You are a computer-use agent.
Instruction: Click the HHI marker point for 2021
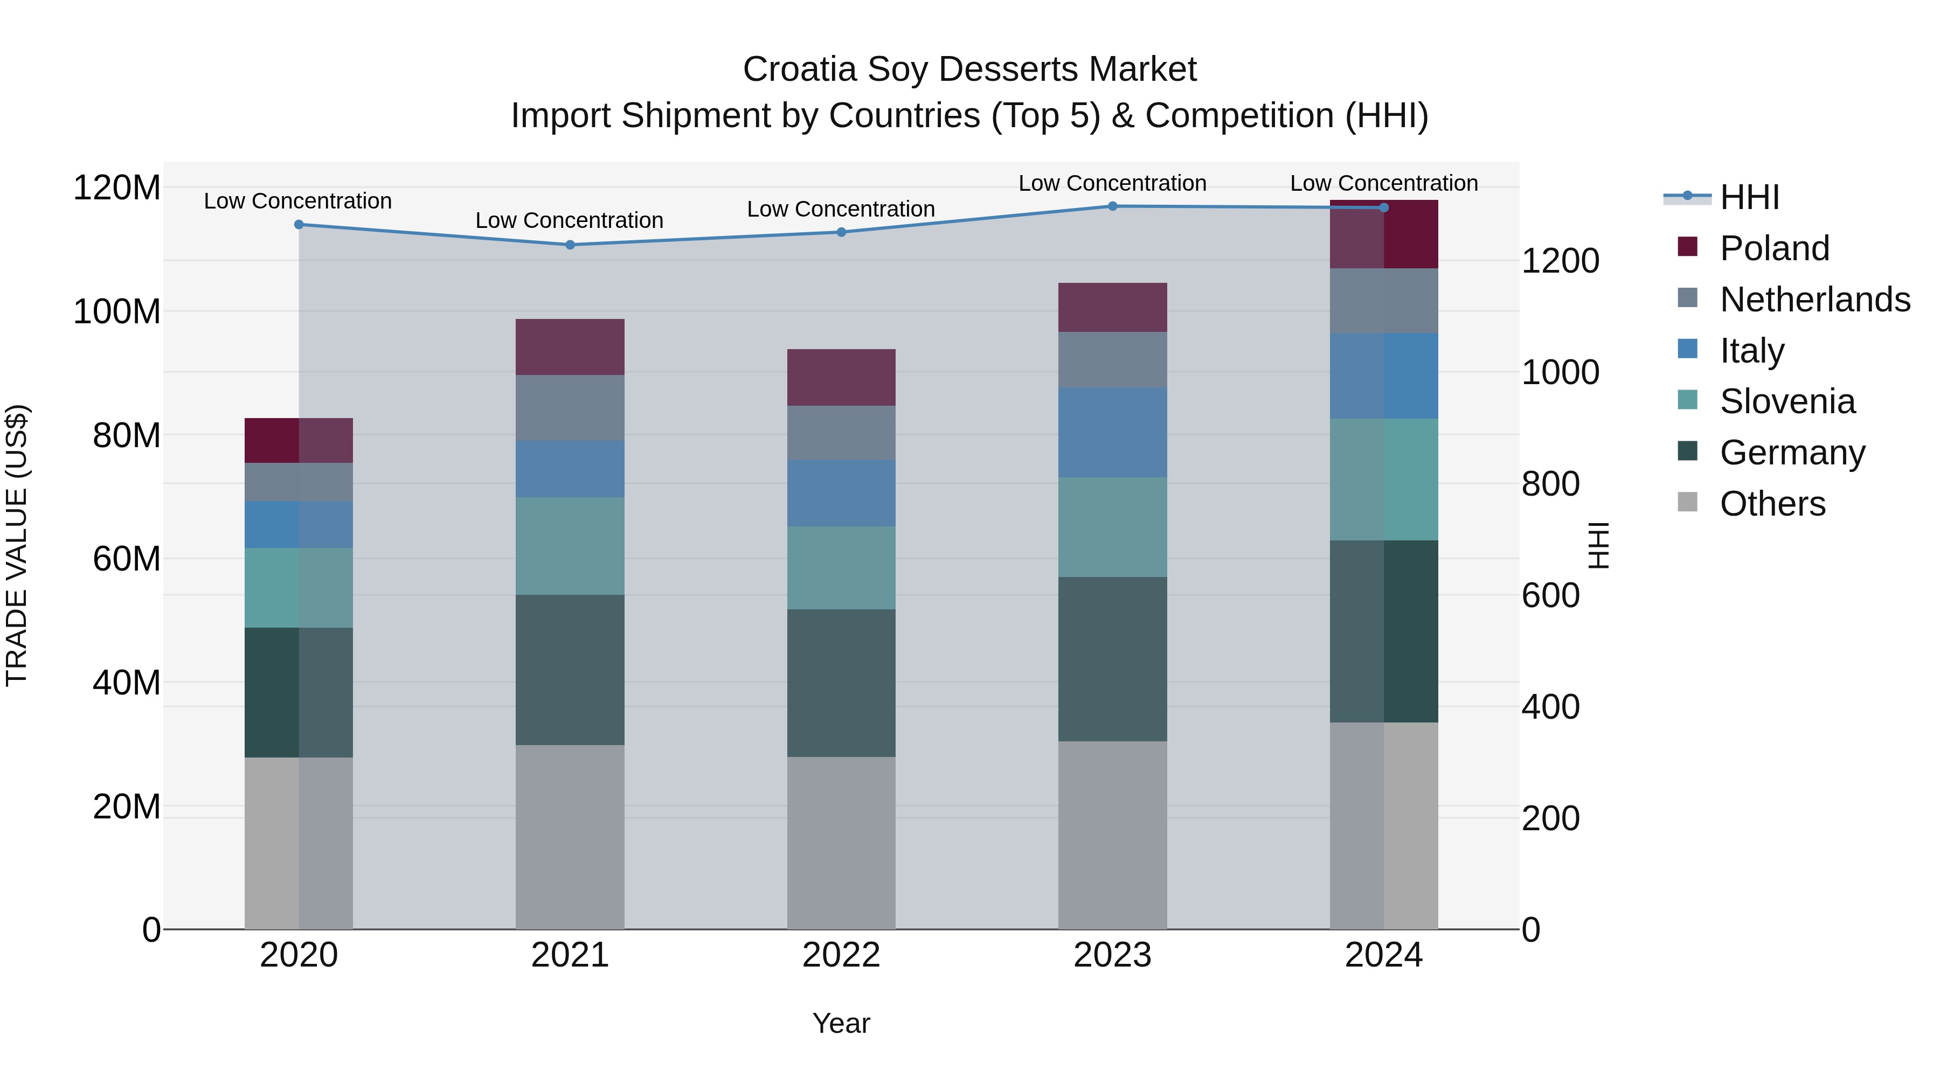[x=570, y=245]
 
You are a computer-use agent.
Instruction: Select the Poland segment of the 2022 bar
[x=841, y=377]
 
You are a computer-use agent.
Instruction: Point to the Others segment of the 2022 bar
[x=841, y=843]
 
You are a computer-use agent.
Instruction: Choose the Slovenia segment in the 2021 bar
[x=570, y=546]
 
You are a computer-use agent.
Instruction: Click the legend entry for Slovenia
[x=1787, y=401]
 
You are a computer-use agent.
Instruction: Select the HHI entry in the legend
[x=1749, y=197]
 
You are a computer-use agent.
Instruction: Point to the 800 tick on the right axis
[x=1550, y=484]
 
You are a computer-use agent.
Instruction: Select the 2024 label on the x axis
[x=1383, y=955]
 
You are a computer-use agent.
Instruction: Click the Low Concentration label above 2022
[x=841, y=210]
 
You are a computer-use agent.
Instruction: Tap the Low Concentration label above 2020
[x=297, y=201]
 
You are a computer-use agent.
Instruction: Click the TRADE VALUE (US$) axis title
[x=17, y=545]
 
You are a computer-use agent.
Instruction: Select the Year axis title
[x=841, y=1023]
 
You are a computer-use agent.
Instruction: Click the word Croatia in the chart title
[x=799, y=70]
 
